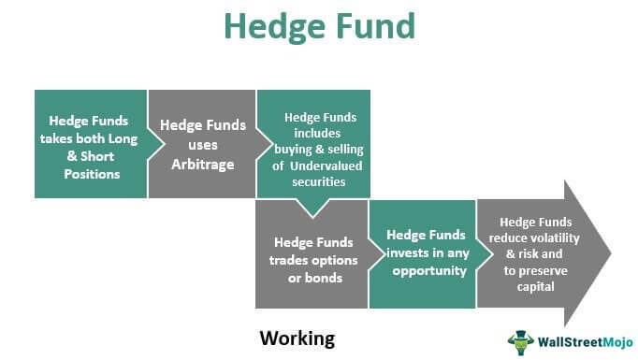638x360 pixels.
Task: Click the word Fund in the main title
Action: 374,26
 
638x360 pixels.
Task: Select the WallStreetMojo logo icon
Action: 520,339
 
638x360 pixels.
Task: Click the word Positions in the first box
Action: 90,174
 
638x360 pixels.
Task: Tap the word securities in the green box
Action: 312,180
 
